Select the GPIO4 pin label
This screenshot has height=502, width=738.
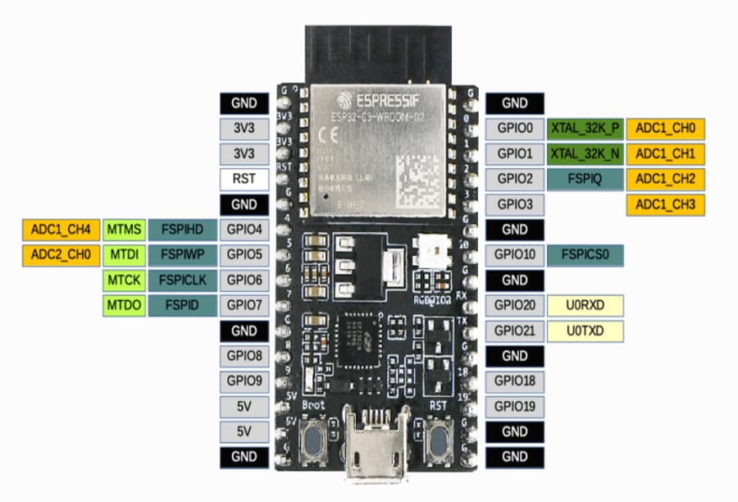(244, 230)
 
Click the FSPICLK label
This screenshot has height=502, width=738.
(183, 281)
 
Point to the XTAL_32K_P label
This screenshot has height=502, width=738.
(585, 128)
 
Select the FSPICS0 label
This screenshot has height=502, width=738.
(585, 255)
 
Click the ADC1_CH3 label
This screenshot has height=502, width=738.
(665, 204)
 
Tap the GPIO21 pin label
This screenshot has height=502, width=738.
(514, 331)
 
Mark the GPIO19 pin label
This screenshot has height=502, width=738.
(514, 407)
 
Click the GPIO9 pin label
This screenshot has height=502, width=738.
(244, 381)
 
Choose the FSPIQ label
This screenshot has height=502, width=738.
(585, 179)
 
